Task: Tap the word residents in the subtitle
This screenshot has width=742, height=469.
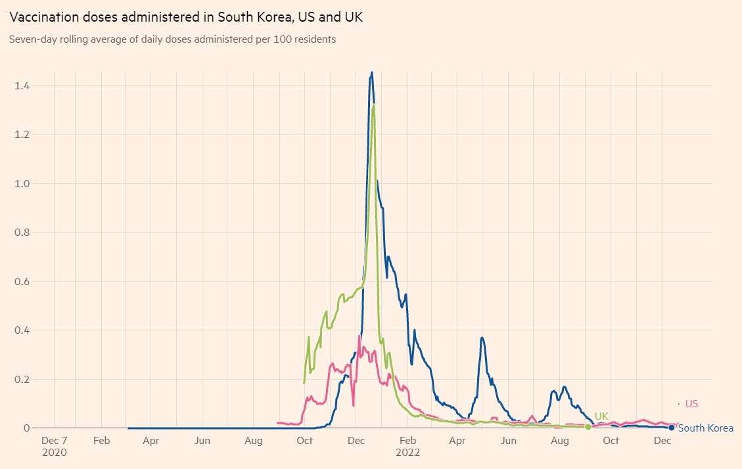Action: coord(315,39)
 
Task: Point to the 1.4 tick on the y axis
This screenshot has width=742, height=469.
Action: coord(22,85)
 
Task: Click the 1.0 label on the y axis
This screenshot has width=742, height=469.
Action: coord(22,183)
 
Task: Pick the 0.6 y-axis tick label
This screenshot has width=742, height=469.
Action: coord(22,281)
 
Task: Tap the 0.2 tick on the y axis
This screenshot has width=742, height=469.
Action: coord(22,379)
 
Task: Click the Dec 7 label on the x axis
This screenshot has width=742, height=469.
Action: coord(54,441)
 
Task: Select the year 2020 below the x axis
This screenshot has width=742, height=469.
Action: coord(54,453)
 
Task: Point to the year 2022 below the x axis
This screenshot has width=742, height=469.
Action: coord(407,453)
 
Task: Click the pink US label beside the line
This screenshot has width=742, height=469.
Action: coord(691,404)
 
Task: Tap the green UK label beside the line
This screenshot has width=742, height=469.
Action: coord(601,416)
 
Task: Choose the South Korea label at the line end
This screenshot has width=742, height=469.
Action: coord(705,428)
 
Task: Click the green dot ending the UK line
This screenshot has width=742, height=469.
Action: coord(588,427)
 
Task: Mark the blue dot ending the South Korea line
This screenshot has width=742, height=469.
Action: coord(671,428)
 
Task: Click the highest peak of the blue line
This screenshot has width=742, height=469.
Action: coord(371,72)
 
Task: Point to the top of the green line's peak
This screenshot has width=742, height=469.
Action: coord(373,105)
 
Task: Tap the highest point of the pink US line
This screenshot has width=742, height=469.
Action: coord(359,336)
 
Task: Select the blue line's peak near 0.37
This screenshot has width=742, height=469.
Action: coord(482,338)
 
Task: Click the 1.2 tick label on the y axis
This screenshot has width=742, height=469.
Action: coord(22,135)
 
